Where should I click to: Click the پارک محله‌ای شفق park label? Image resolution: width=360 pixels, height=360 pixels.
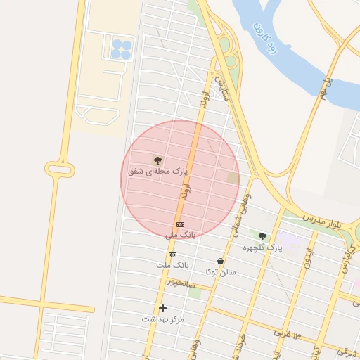coord(158,171)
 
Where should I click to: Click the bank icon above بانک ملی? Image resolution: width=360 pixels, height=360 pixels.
coord(180,224)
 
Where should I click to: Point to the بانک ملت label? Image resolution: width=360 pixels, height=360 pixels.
coord(173,265)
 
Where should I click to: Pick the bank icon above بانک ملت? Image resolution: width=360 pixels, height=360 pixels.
coord(172,255)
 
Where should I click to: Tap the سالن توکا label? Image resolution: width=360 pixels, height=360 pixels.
coord(221,271)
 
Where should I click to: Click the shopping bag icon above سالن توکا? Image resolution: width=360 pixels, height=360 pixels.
coord(220,261)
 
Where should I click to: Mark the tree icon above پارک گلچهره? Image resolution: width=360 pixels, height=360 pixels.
coord(262,237)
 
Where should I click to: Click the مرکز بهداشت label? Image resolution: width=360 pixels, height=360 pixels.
coord(163,319)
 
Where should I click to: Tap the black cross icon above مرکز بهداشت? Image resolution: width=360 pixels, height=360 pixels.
coord(163,308)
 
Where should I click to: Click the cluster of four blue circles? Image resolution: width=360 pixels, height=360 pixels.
coord(121,49)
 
